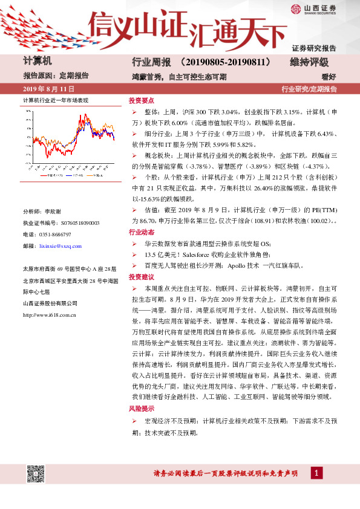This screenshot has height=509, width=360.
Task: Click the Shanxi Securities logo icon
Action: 295,8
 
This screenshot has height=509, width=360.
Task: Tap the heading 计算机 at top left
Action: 38,62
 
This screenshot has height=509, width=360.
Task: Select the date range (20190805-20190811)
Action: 232,62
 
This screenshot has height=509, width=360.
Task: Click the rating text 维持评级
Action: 309,62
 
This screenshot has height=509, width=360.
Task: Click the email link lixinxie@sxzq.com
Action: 60,247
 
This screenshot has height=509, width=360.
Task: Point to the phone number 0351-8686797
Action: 55,235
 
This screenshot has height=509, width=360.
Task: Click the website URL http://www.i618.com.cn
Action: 49,315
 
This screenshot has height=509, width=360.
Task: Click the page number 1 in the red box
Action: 316,472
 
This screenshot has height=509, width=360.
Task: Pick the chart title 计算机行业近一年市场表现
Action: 55,100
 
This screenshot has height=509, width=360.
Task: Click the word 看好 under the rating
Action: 329,77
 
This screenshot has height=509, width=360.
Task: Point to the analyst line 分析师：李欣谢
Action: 42,212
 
